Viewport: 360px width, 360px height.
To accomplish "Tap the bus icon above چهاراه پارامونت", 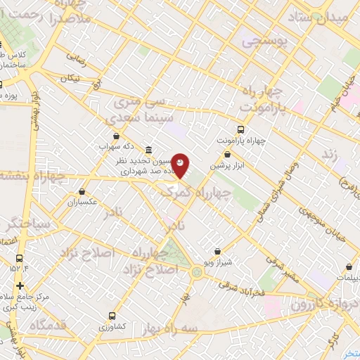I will click(241, 129).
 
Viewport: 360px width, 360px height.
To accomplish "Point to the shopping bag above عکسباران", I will click(82, 191).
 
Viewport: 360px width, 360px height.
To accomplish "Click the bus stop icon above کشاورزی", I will click(112, 316).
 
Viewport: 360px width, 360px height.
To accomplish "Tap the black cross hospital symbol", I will click(20, 285).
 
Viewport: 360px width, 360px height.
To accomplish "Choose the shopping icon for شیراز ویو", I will click(217, 251).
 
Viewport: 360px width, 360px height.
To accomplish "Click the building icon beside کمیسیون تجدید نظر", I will click(148, 151).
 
